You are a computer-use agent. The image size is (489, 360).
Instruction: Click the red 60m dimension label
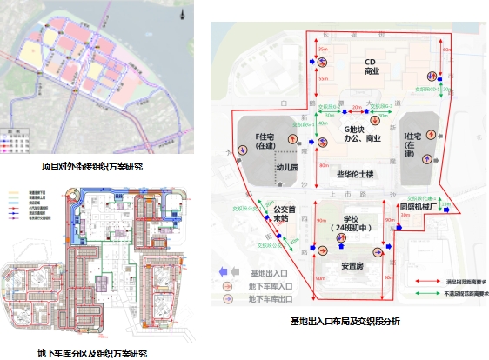(445, 50)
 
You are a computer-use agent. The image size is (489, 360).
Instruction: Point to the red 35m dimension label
(322, 50)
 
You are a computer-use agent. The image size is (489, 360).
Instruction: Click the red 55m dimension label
(322, 79)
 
